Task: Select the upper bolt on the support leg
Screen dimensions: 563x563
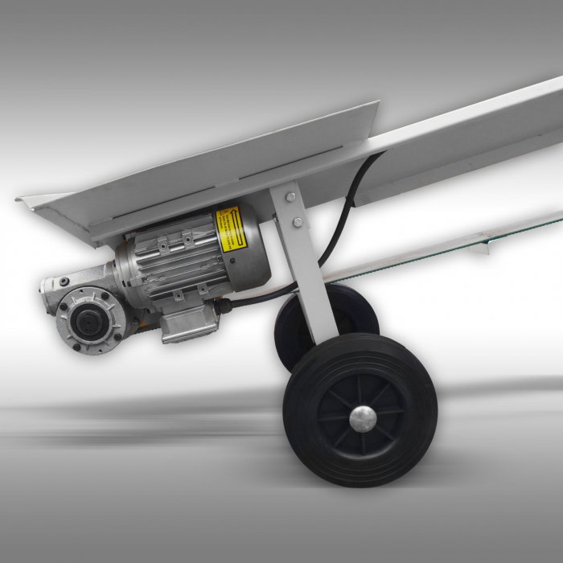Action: coord(286,196)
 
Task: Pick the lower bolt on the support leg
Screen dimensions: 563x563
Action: coord(298,222)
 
